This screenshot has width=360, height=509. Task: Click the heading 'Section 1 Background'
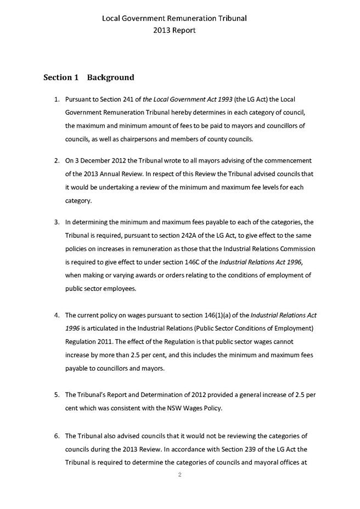click(88, 77)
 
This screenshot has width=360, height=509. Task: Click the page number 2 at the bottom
click(179, 474)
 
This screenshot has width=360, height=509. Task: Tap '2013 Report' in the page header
click(174, 31)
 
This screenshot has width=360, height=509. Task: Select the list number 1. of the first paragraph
click(57, 99)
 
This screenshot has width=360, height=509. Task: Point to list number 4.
click(57, 315)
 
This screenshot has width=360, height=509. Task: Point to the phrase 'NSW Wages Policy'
click(210, 408)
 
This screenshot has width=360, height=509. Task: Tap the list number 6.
click(57, 435)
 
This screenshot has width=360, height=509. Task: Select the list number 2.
click(57, 161)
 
